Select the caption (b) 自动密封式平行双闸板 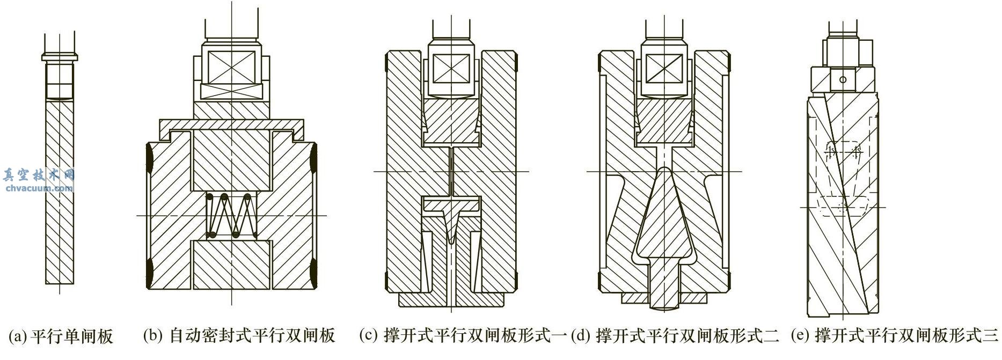[x=239, y=336]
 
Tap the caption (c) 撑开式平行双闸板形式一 [x=463, y=336]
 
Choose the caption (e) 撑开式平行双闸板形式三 [x=895, y=336]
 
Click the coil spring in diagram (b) [x=230, y=216]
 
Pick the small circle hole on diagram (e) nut [x=843, y=80]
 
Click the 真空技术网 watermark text [x=38, y=175]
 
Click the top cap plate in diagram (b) [x=231, y=125]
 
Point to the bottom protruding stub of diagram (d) [x=664, y=300]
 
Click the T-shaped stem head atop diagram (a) [x=60, y=56]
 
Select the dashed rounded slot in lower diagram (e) [x=844, y=206]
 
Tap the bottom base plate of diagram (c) [x=451, y=300]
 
